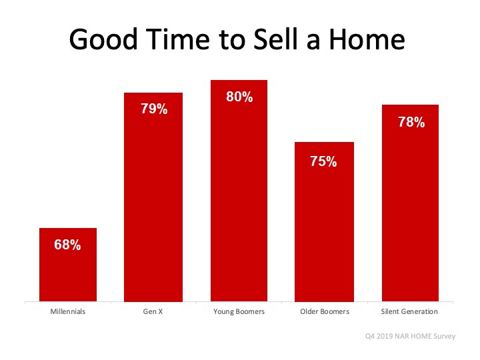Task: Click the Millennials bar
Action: point(68,265)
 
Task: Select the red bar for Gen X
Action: point(153,197)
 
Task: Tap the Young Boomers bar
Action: point(239,191)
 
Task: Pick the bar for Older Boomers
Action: point(324,222)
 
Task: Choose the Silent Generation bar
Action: point(410,203)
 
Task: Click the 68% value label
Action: point(67,245)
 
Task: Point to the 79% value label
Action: point(154,109)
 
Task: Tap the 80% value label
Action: point(239,97)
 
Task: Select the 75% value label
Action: point(323,161)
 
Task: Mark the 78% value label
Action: point(411,122)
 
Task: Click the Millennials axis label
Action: point(67,311)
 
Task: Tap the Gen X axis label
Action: point(153,311)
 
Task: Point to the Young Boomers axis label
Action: point(239,311)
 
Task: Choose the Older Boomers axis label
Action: point(325,311)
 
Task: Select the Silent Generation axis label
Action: point(409,311)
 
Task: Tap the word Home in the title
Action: point(367,39)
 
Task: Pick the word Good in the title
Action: point(103,39)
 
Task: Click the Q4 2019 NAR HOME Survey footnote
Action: point(410,336)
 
